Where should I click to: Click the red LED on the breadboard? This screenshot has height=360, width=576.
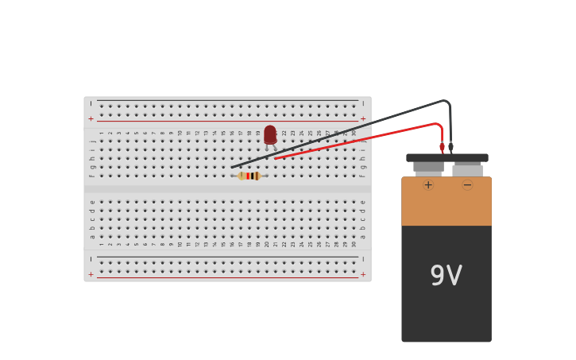[x=270, y=134]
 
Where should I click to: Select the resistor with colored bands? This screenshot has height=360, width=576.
[x=249, y=176]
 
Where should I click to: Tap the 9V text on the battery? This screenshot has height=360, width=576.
[x=446, y=276]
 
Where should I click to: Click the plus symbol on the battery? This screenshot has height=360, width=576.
[x=428, y=185]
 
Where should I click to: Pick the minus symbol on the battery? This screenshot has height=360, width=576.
[x=467, y=185]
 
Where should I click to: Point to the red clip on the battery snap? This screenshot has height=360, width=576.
[x=443, y=147]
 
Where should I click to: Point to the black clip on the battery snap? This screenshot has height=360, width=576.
[x=450, y=147]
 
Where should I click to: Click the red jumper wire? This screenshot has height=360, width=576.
[x=358, y=140]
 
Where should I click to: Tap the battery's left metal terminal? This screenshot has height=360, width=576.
[x=428, y=168]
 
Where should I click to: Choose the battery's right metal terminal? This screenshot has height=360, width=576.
[x=467, y=169]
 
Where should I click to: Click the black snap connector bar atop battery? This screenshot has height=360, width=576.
[x=447, y=157]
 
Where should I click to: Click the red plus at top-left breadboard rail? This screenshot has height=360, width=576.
[x=91, y=118]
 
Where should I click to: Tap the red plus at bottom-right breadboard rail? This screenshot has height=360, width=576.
[x=363, y=274]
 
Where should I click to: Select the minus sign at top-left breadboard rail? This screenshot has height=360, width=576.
[x=91, y=103]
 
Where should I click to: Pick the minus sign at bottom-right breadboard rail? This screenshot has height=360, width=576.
[x=363, y=259]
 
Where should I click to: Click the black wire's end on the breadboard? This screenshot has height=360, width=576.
[x=234, y=167]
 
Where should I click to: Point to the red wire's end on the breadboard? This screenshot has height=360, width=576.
[x=276, y=158]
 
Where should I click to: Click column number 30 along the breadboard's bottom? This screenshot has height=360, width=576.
[x=354, y=244]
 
